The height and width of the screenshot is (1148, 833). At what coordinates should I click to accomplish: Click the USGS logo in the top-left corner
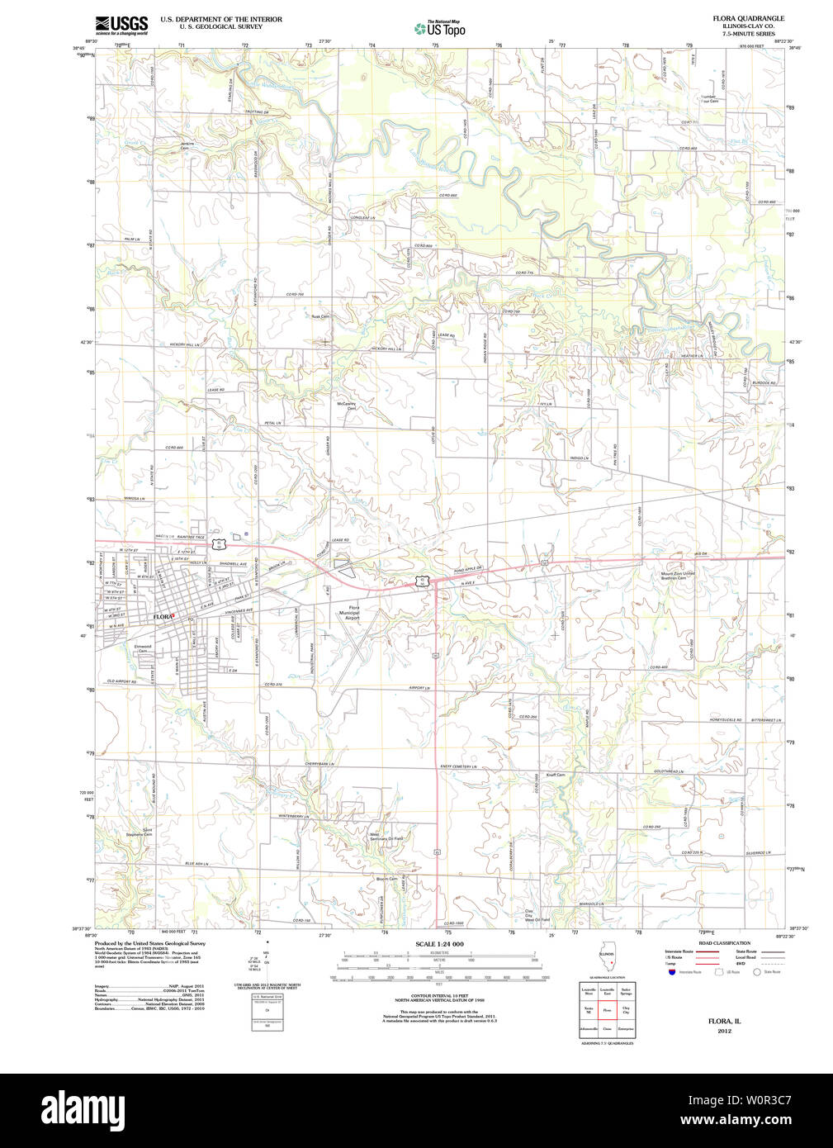pos(121,24)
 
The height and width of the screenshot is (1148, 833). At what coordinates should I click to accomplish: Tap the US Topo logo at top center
pos(440,29)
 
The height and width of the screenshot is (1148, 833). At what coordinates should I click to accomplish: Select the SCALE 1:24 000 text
pos(439,943)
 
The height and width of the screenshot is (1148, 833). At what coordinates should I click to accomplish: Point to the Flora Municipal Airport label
pos(349,613)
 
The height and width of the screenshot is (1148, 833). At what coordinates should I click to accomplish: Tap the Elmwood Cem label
pos(143,648)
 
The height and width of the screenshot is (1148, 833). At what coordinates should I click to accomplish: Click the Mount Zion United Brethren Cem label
pos(678,576)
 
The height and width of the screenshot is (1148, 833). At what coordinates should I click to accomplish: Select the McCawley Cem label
pos(346,406)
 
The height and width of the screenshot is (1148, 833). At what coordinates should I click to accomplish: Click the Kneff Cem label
pos(556,775)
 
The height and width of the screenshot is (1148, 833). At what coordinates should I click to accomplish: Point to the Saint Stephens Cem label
pos(140,833)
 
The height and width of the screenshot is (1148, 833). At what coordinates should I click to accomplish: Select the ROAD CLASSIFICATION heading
pos(724,942)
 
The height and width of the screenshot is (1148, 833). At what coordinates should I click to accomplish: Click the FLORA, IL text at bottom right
pos(724,1022)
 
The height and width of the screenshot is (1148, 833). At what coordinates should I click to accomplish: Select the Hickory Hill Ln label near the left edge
pos(185,344)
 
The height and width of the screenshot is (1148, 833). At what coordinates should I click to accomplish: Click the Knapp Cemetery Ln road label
pos(458,766)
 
